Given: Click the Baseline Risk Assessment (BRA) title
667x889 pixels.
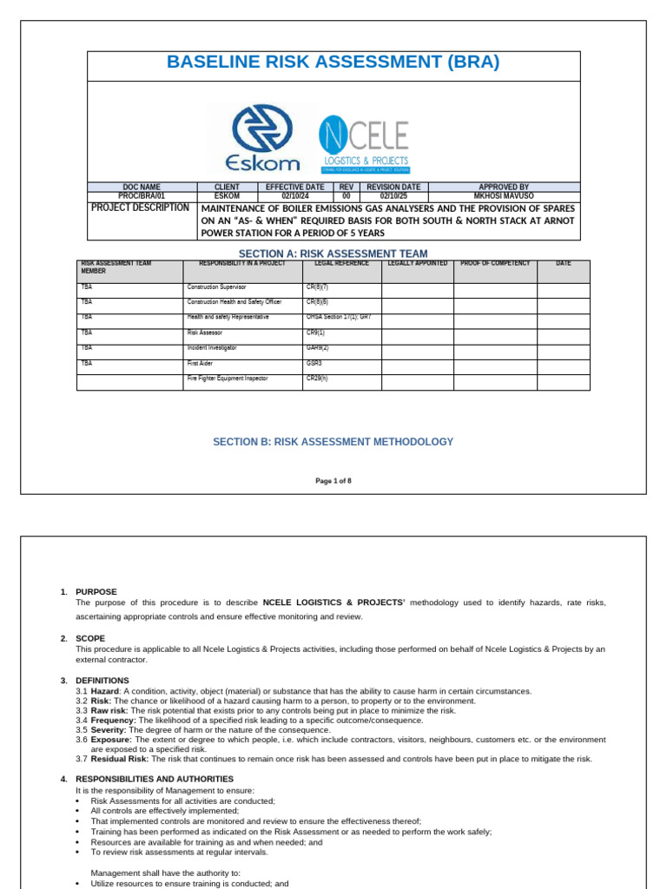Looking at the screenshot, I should [x=333, y=63].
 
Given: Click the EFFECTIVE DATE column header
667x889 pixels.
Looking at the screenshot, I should [x=294, y=187].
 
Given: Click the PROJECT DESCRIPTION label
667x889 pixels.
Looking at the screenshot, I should [x=140, y=208].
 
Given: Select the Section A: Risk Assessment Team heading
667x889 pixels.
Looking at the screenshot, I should [x=333, y=253].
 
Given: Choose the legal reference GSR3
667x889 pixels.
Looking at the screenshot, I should [x=314, y=364].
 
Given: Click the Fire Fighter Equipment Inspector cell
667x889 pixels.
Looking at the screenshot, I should [x=228, y=379].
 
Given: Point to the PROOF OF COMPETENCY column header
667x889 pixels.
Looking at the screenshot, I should [x=495, y=263].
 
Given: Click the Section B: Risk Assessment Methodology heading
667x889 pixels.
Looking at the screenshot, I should [x=333, y=442].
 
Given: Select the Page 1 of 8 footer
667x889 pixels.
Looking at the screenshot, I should [x=333, y=480].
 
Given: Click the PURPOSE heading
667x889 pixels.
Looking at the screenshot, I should [x=96, y=591].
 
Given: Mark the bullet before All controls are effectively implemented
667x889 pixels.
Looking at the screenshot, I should [x=78, y=811].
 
